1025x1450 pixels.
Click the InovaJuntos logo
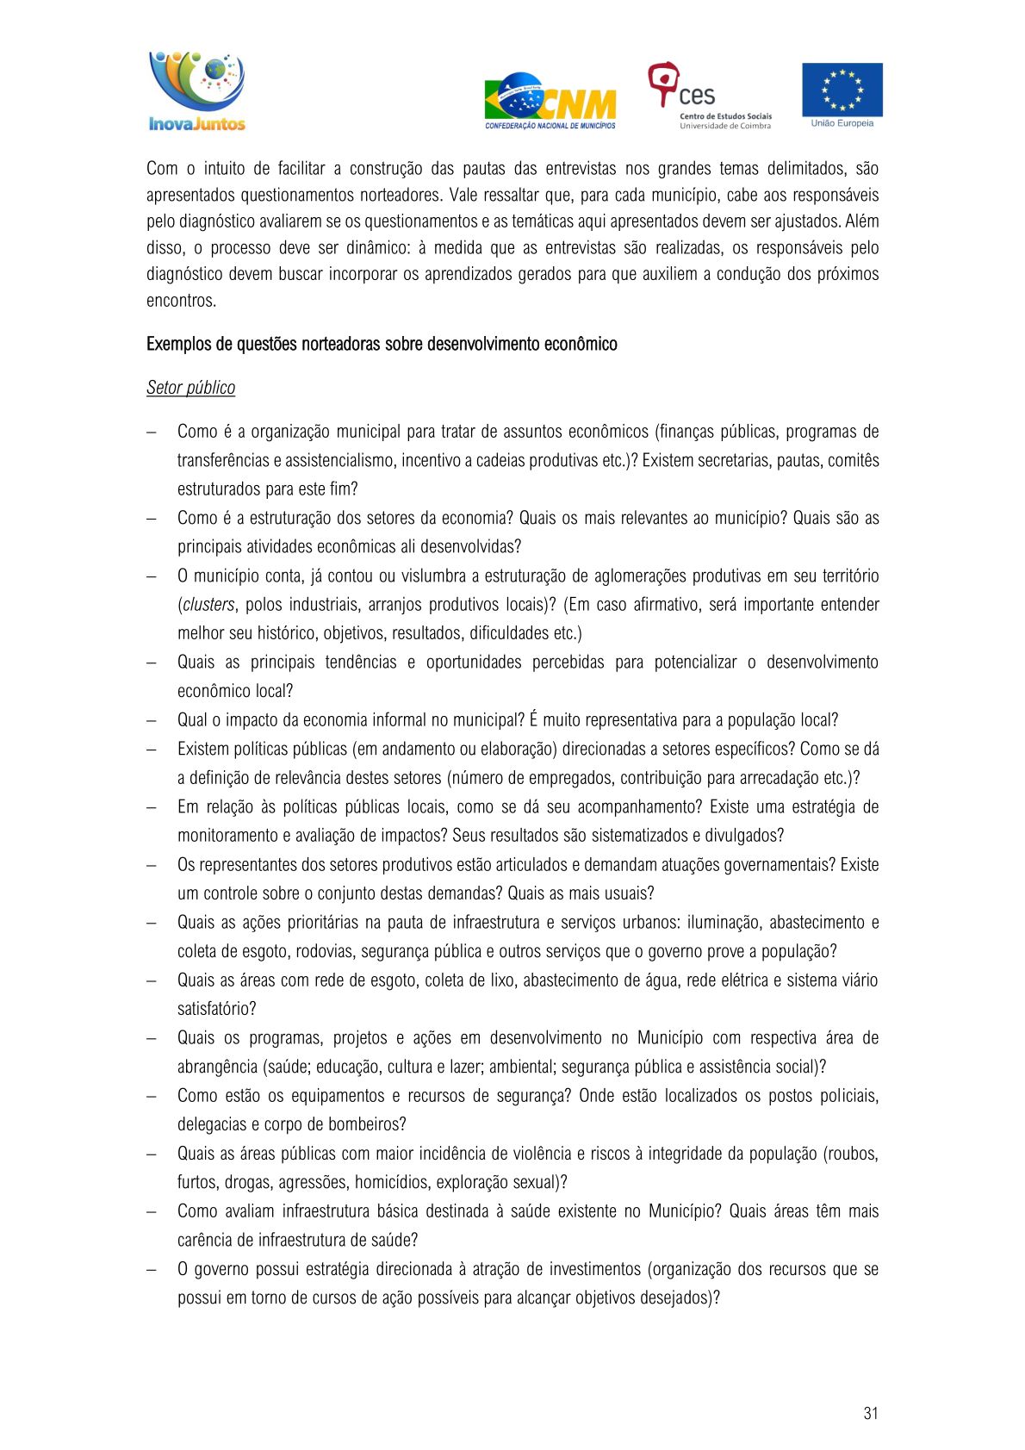tap(197, 91)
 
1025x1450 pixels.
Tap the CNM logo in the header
tap(550, 101)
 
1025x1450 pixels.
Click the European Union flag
tap(842, 90)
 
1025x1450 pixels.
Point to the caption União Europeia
tap(842, 123)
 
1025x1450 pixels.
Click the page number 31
tap(870, 1412)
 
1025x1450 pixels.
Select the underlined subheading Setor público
tap(190, 388)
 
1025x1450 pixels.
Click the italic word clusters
tap(208, 605)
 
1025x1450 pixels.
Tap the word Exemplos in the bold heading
tap(178, 345)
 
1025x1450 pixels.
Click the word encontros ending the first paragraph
tap(180, 301)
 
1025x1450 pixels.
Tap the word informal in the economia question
tap(399, 720)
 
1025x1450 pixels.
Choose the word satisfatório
tap(215, 1009)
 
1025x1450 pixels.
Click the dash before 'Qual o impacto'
tap(152, 720)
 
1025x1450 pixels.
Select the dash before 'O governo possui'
tap(152, 1269)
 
